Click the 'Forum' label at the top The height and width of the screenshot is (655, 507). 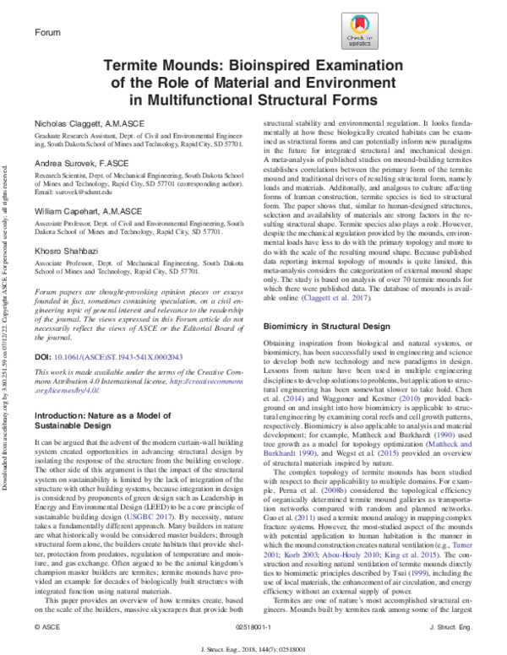click(50, 32)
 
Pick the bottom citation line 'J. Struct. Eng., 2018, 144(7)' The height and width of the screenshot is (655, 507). click(253, 647)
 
